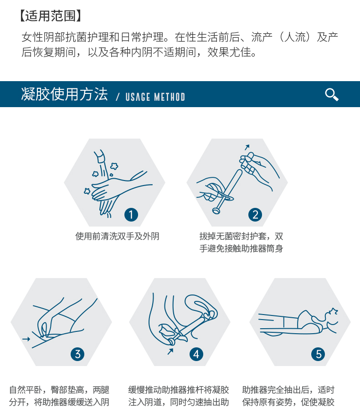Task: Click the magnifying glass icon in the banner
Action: click(x=332, y=94)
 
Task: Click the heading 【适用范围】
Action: click(x=51, y=16)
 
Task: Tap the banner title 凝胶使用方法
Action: click(x=64, y=94)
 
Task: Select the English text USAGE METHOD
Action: click(x=155, y=97)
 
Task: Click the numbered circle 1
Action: click(x=131, y=215)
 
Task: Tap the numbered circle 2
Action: click(x=255, y=215)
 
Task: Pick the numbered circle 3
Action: click(x=77, y=354)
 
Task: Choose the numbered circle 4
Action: click(x=196, y=354)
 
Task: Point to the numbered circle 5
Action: click(x=318, y=354)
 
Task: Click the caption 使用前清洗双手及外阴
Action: click(x=117, y=236)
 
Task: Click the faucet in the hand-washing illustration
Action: click(x=100, y=156)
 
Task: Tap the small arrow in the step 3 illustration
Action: click(x=26, y=339)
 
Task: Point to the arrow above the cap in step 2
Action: click(x=247, y=147)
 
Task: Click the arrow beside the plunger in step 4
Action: click(x=170, y=351)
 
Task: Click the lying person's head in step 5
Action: click(x=329, y=317)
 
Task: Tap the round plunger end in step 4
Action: click(x=171, y=341)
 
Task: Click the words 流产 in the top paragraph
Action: click(x=262, y=37)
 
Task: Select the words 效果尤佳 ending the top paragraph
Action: click(x=229, y=52)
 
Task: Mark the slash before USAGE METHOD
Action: click(x=118, y=97)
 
